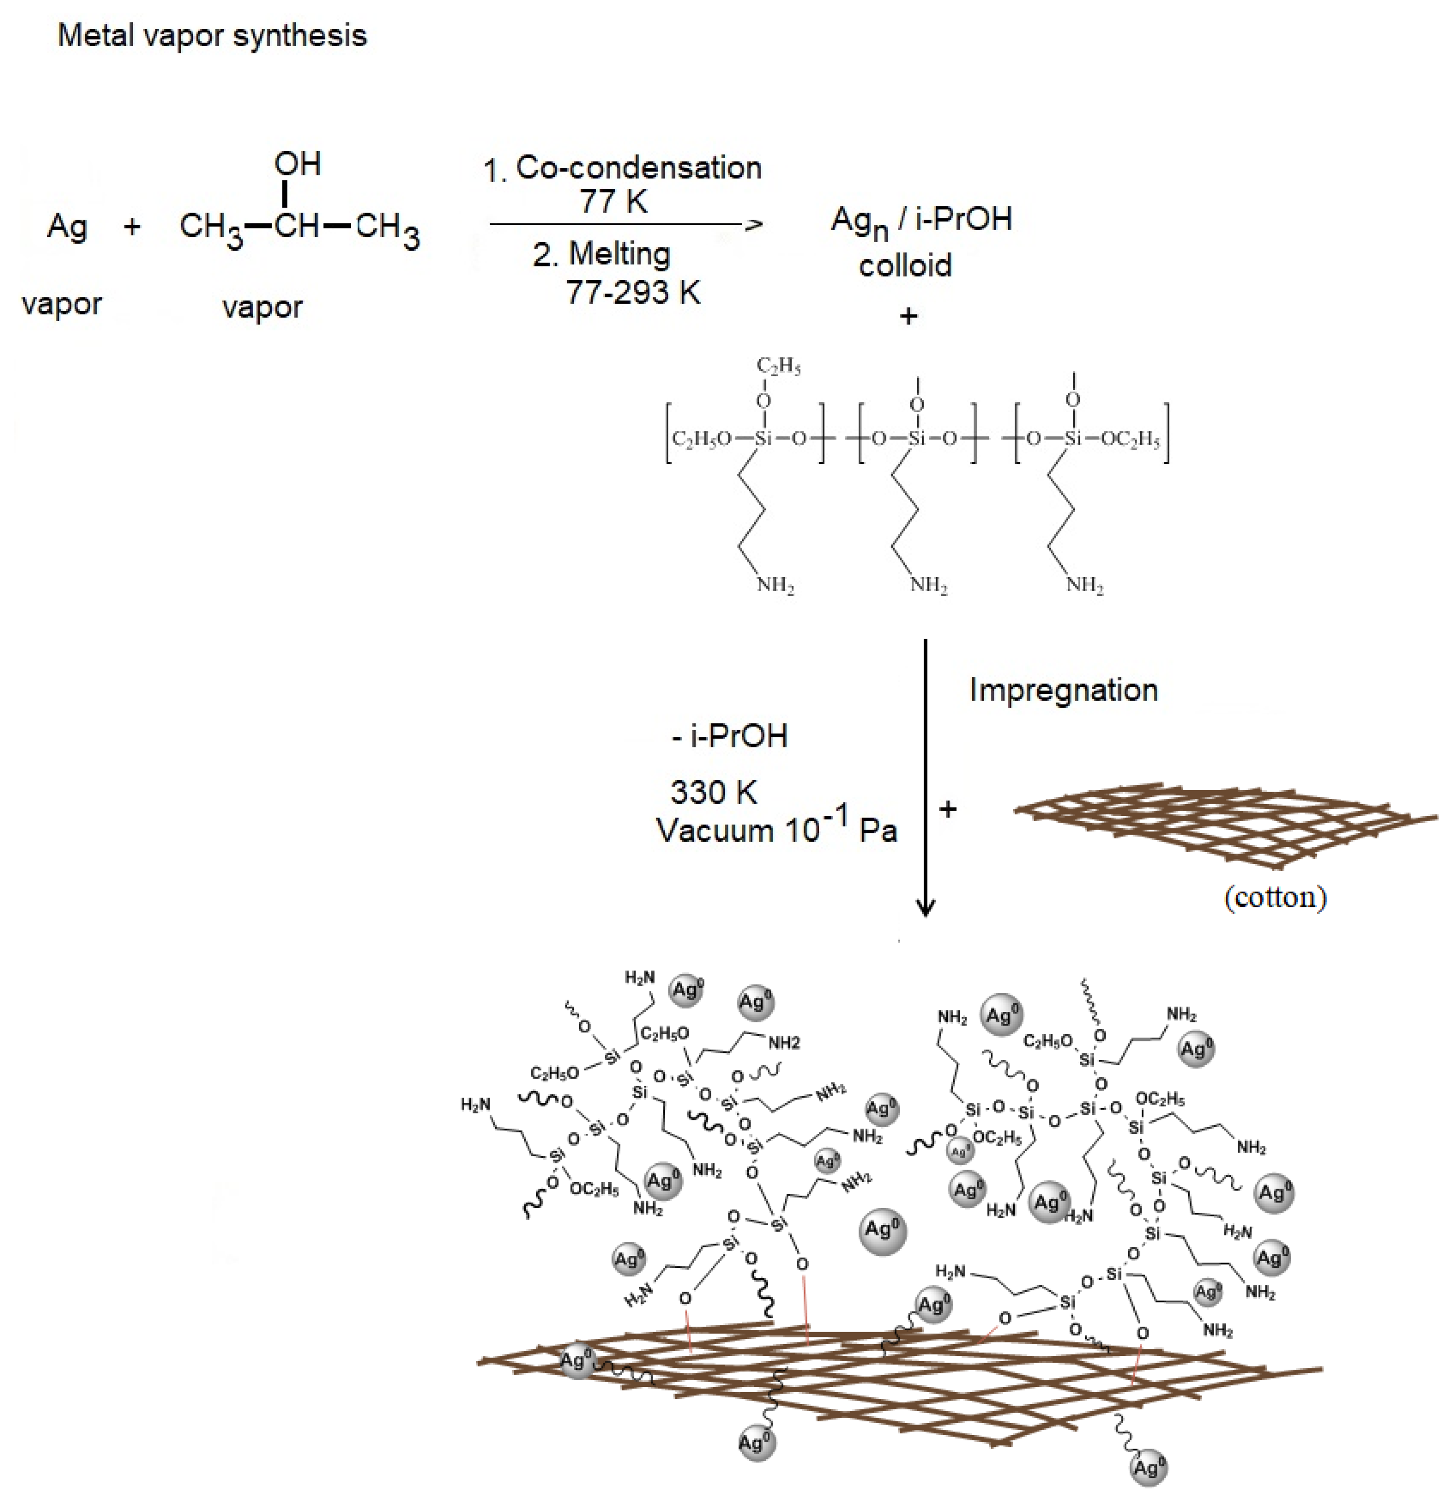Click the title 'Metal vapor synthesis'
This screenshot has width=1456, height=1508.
213,35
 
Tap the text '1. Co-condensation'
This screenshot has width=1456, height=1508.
622,168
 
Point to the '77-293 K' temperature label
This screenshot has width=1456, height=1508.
632,292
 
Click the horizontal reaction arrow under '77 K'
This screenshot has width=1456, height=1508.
623,224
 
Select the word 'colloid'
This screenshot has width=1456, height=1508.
905,265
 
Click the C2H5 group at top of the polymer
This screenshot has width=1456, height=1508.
778,366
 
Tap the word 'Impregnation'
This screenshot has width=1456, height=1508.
1063,690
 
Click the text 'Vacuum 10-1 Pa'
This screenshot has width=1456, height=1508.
776,829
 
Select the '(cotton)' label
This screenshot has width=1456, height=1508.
1275,897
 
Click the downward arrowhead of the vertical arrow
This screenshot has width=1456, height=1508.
925,908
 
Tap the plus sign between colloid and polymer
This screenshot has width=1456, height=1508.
908,316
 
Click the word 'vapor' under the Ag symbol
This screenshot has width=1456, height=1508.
61,305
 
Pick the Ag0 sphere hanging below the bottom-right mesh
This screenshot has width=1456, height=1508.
1149,1468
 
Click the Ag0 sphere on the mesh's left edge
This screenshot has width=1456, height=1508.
576,1360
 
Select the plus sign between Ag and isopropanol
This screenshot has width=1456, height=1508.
132,226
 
